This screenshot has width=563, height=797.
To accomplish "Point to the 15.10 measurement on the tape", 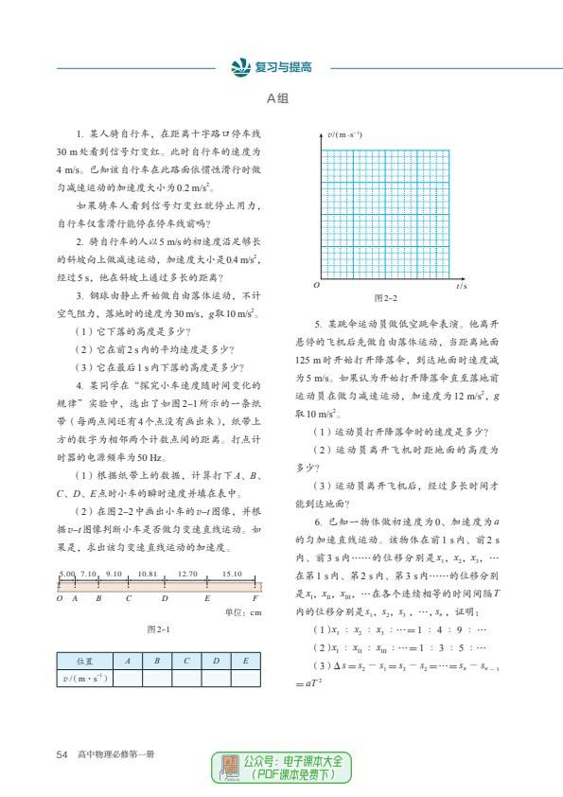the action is coord(232,574).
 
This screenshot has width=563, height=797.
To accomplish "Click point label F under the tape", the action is coord(255,599).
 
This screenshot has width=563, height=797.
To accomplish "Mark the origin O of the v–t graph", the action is coord(317,285).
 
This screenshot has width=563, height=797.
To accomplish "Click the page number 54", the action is coord(62,754).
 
